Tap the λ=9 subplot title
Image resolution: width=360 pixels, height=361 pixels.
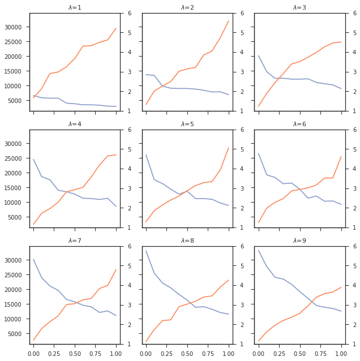tap(300, 241)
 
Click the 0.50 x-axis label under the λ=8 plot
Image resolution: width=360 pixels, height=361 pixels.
tap(187, 352)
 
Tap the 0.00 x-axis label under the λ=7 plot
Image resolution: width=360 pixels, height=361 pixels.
tap(33, 352)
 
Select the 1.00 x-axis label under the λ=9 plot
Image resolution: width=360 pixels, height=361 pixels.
tap(341, 352)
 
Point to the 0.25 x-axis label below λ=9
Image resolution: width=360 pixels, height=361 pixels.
tap(279, 352)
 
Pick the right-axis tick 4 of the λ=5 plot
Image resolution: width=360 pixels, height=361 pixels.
tap(239, 169)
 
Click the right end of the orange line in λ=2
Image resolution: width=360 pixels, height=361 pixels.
tap(229, 21)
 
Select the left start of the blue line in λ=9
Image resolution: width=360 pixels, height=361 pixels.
tap(259, 250)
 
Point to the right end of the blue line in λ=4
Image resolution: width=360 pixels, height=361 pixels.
tap(116, 207)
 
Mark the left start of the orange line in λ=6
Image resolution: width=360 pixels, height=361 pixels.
tap(259, 222)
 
